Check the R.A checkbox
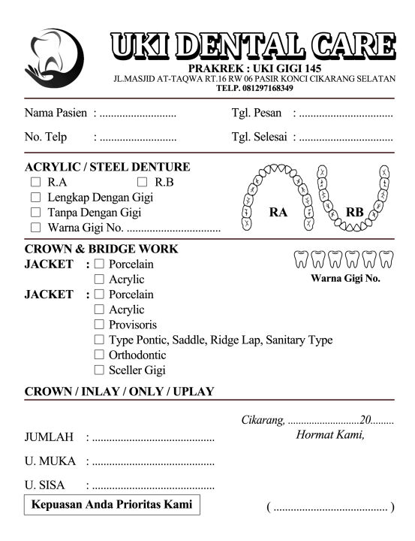click(35, 183)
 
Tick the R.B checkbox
click(143, 183)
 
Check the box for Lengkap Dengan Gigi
click(35, 198)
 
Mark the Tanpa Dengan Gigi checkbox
click(35, 213)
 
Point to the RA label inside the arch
click(278, 213)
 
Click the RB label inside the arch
click(355, 213)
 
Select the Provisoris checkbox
click(99, 325)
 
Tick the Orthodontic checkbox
click(99, 355)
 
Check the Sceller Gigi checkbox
click(99, 370)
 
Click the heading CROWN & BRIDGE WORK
click(101, 249)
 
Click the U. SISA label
click(44, 485)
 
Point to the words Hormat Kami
click(330, 434)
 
